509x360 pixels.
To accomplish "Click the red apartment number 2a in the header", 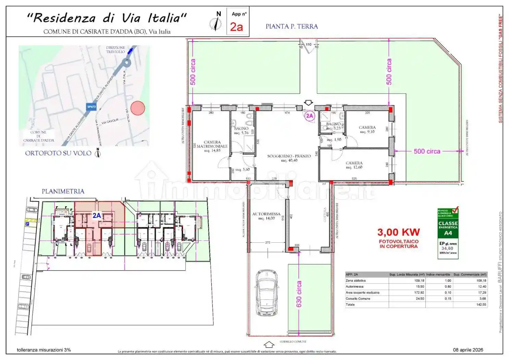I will (x=237, y=26).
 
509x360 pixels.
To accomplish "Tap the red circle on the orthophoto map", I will (x=138, y=108).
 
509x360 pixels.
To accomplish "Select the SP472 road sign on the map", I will (x=91, y=107).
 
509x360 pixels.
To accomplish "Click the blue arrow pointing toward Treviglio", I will (x=130, y=51).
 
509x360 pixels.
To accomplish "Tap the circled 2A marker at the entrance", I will (x=310, y=116).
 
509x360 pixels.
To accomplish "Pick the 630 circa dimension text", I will (x=299, y=294).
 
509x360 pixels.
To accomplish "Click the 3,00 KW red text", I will (x=398, y=232).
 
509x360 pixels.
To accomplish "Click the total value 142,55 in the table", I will (x=481, y=304).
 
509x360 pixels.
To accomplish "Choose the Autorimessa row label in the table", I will (x=354, y=286).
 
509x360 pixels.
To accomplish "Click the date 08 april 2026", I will (x=468, y=350).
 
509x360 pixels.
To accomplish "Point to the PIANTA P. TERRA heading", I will (x=292, y=26).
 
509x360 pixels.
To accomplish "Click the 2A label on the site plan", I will (x=97, y=215).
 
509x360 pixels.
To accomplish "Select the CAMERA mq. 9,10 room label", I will (x=367, y=129).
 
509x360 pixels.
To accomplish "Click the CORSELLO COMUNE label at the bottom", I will (x=293, y=341).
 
